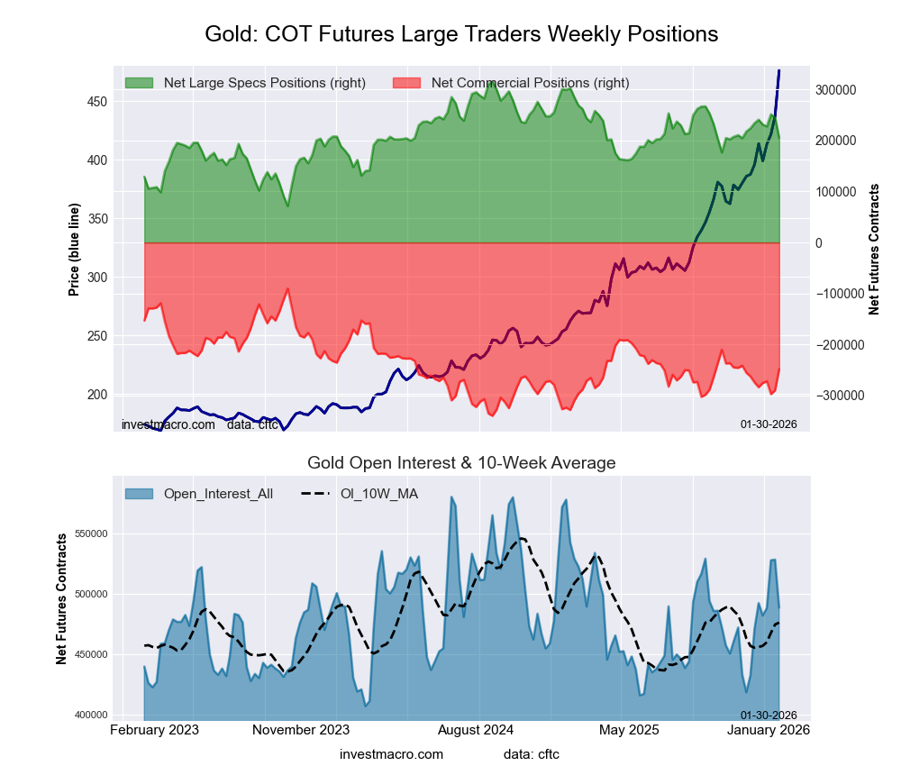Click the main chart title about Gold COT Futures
click(x=461, y=34)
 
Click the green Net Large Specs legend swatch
click(x=139, y=83)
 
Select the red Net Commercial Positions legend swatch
click(x=407, y=83)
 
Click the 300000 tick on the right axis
click(x=837, y=90)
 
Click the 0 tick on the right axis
click(x=819, y=243)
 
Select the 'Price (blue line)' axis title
click(x=74, y=251)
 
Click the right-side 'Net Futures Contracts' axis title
click(x=873, y=249)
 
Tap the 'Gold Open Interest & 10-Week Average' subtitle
click(x=461, y=463)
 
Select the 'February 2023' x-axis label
click(x=154, y=730)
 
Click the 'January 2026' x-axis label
click(x=768, y=730)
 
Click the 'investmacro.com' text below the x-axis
click(x=392, y=753)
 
